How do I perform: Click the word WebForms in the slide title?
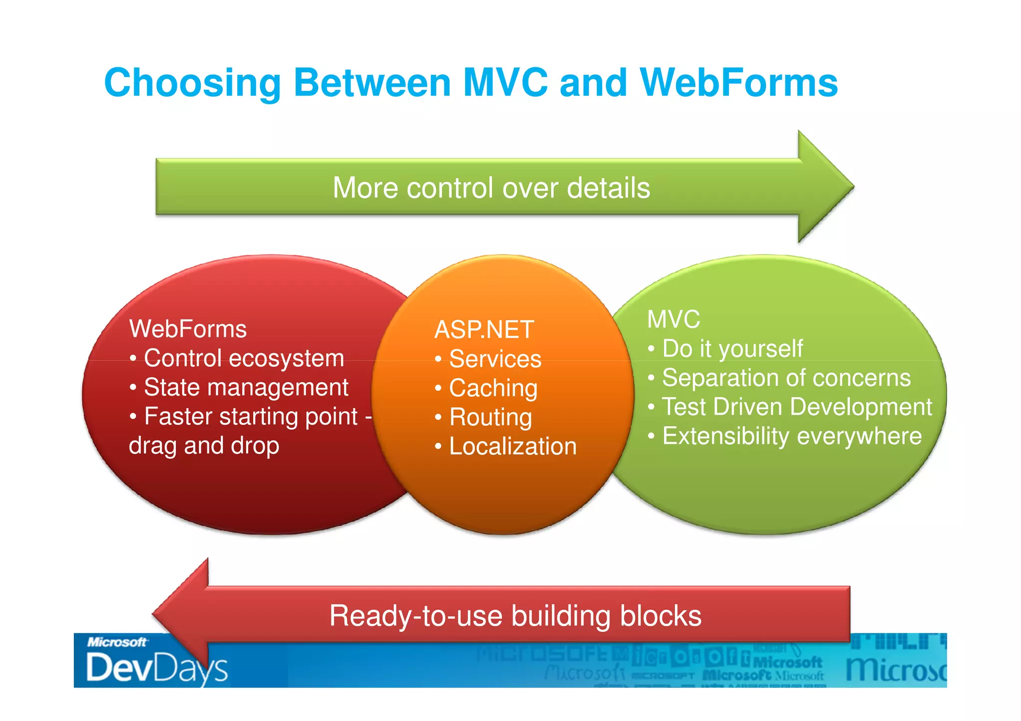[739, 83]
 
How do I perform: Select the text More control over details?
[491, 188]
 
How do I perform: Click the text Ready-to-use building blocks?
[515, 616]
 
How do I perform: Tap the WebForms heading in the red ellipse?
[188, 329]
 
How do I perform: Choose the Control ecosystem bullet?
[244, 358]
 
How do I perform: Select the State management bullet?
[246, 388]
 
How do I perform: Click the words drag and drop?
[204, 446]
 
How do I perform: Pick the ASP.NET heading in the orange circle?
[484, 330]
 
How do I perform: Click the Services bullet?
[495, 359]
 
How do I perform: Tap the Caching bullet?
[493, 388]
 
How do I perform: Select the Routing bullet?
[491, 418]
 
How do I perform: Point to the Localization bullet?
[512, 446]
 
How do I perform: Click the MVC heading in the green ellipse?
[674, 319]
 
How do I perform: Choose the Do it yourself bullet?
[732, 349]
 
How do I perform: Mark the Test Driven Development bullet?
[797, 407]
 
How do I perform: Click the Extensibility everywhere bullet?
[792, 436]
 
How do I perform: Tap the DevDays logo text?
[157, 668]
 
